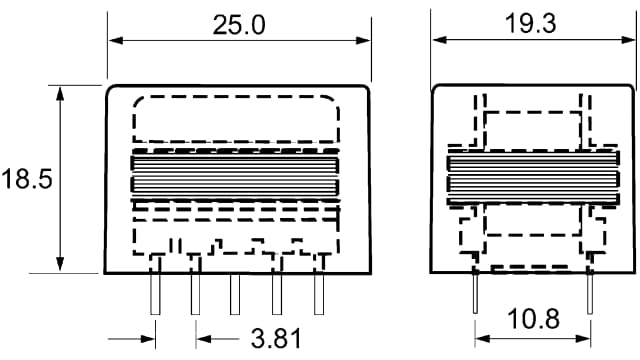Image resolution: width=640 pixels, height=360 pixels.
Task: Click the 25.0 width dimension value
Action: coord(238,25)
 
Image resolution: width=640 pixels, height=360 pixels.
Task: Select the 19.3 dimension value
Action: coord(531,25)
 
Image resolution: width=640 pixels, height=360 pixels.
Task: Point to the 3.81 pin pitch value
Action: coord(274,338)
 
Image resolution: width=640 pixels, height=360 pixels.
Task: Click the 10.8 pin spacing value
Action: coord(532,320)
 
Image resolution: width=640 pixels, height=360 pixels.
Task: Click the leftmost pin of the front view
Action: coord(155,293)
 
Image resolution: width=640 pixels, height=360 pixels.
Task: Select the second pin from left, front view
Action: coord(195,293)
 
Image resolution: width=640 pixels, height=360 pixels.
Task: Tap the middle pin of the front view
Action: coord(236,293)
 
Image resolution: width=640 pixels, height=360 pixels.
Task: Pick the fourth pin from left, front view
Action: coord(277,293)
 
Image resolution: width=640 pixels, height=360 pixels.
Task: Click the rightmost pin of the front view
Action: coord(318,293)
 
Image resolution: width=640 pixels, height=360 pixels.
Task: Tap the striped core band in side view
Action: coord(531,176)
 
